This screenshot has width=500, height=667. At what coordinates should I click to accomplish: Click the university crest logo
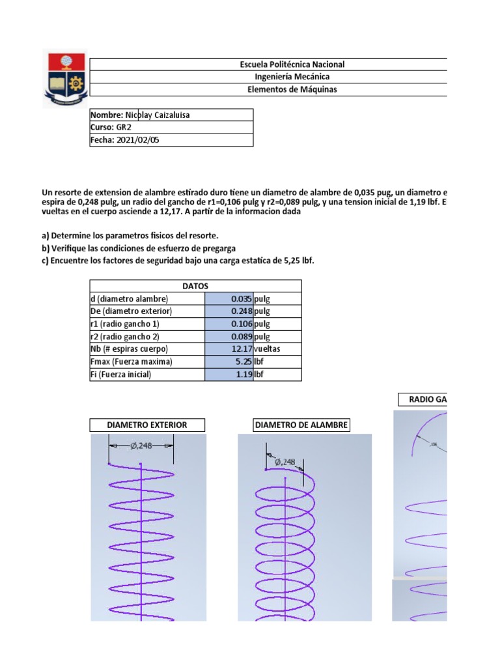[x=64, y=78]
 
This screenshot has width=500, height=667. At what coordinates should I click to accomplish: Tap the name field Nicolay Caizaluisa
[x=152, y=115]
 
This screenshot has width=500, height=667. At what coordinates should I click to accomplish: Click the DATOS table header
[x=195, y=286]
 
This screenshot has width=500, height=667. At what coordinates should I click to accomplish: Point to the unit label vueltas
[x=269, y=349]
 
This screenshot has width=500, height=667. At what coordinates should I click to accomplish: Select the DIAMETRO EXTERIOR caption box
[x=147, y=425]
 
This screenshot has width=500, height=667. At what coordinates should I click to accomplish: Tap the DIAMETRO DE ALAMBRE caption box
[x=301, y=425]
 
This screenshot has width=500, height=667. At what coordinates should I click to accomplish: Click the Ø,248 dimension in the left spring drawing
[x=141, y=446]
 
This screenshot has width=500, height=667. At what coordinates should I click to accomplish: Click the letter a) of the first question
[x=46, y=235]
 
